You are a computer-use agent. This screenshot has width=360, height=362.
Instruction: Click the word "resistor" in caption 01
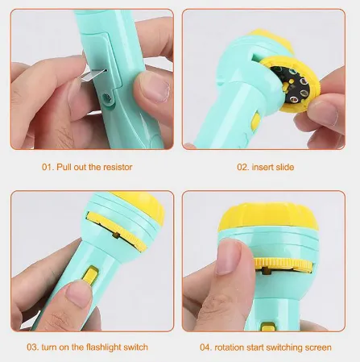tap(118, 167)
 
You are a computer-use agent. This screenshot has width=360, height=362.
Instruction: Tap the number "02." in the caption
tap(243, 167)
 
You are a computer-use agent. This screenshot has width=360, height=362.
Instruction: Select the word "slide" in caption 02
tap(283, 167)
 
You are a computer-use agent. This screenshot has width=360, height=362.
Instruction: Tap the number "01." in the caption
tap(48, 167)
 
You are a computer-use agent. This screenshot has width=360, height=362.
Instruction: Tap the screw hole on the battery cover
tap(107, 98)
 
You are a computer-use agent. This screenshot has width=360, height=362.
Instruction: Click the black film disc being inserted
tap(292, 84)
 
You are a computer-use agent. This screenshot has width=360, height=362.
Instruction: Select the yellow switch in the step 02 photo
tap(255, 120)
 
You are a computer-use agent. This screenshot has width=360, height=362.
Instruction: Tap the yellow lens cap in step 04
tap(267, 218)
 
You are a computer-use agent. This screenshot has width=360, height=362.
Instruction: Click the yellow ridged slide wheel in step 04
tap(283, 264)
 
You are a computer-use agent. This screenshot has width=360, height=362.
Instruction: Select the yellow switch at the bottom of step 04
tap(267, 327)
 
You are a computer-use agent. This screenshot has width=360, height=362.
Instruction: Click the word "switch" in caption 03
tap(135, 347)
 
